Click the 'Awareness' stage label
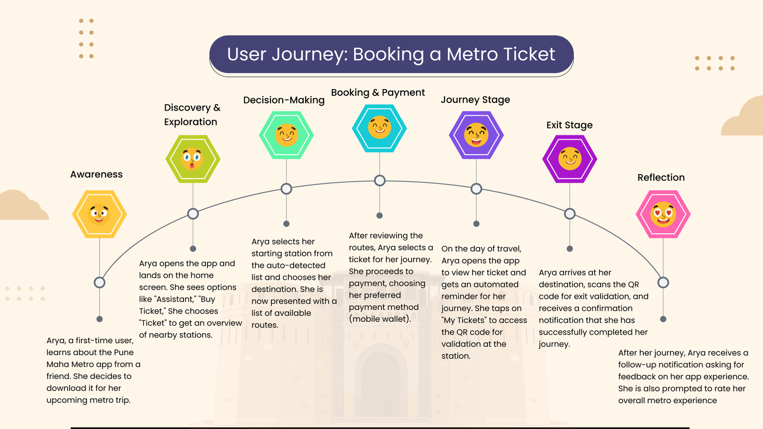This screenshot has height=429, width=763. [x=96, y=174]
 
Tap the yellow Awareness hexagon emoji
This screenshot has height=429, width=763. [x=99, y=214]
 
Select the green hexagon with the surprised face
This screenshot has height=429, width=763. [x=193, y=159]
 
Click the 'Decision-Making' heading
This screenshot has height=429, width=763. [x=284, y=100]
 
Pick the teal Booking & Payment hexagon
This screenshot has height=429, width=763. [x=380, y=128]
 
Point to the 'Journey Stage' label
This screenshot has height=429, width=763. [x=475, y=100]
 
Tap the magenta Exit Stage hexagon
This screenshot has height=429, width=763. [x=570, y=159]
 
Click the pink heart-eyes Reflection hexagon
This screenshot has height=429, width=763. [x=663, y=214]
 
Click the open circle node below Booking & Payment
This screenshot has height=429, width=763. [x=380, y=181]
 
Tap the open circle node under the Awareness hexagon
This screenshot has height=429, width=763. [x=99, y=283]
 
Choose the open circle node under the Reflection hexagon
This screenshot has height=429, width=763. [x=663, y=283]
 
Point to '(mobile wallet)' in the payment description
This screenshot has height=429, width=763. [x=380, y=319]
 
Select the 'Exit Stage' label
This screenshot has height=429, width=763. [x=569, y=125]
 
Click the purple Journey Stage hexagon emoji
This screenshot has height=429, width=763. [x=476, y=135]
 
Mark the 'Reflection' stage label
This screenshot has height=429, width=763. [x=661, y=177]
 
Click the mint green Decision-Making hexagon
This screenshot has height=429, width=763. [x=286, y=135]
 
